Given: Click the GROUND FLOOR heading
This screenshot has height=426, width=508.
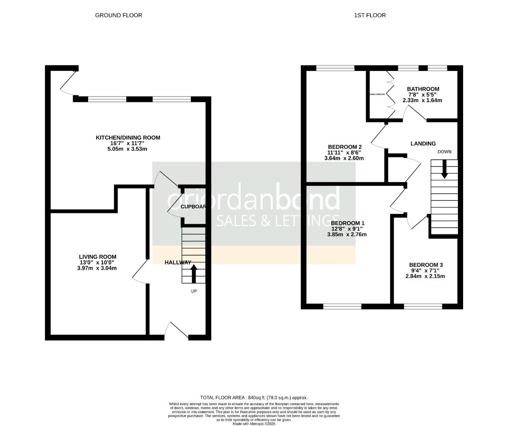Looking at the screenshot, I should tap(119, 15).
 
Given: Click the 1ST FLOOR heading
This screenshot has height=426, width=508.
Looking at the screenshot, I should tap(370, 15).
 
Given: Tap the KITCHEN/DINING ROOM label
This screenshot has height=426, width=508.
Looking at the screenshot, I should tap(128, 138).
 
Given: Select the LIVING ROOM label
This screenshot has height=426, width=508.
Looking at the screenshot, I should tap(97, 257).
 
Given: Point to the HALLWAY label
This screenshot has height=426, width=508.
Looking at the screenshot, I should tap(178, 262).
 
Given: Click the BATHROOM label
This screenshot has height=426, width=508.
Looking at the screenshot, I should tap(423, 89).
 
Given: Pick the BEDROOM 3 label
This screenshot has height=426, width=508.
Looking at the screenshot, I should tap(426, 265).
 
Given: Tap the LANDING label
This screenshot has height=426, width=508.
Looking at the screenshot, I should tap(423, 144).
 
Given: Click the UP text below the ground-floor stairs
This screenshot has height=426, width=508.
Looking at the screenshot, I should tap(194, 291).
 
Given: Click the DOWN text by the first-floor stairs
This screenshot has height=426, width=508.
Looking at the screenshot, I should tap(444, 152).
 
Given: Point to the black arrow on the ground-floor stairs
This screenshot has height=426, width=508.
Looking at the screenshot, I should tap(194, 273).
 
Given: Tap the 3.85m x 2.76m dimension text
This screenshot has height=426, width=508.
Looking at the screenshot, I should tap(347, 234).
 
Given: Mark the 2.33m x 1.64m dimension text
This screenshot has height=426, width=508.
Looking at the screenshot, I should tap(422, 101).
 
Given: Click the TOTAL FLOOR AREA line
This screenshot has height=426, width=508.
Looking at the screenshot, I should tap(254, 398).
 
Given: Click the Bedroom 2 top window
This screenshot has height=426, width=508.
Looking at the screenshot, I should tap(335, 68).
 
